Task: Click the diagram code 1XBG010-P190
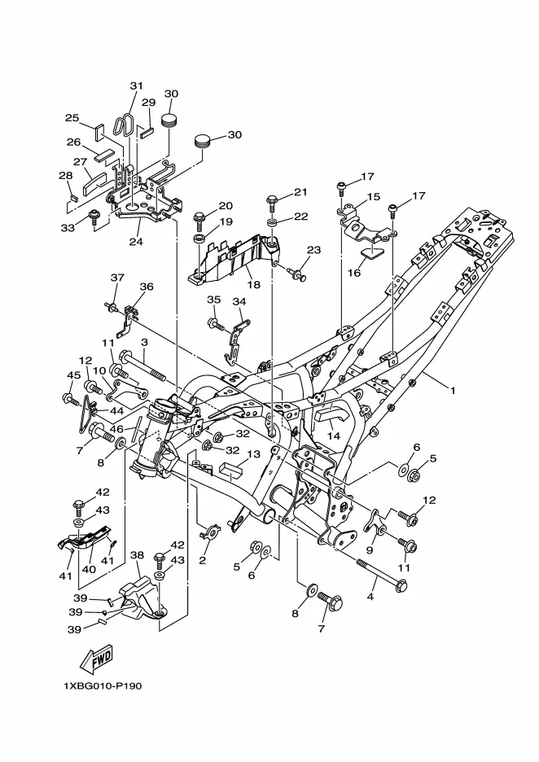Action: tap(102, 686)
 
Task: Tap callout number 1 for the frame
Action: tap(453, 390)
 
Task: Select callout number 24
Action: tap(136, 240)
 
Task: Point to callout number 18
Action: tap(254, 285)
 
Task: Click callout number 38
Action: tap(137, 555)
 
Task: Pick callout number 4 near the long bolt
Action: tap(370, 596)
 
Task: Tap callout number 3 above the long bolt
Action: tap(144, 343)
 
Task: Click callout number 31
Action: tap(137, 86)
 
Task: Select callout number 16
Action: tap(354, 273)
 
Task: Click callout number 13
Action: tap(253, 454)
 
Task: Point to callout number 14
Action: tap(333, 436)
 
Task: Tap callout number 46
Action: tap(116, 429)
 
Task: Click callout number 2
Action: tap(202, 560)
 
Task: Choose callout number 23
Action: tap(314, 250)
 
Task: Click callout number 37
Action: tap(117, 278)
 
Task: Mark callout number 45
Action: tap(74, 375)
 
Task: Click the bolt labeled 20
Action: tap(199, 222)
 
